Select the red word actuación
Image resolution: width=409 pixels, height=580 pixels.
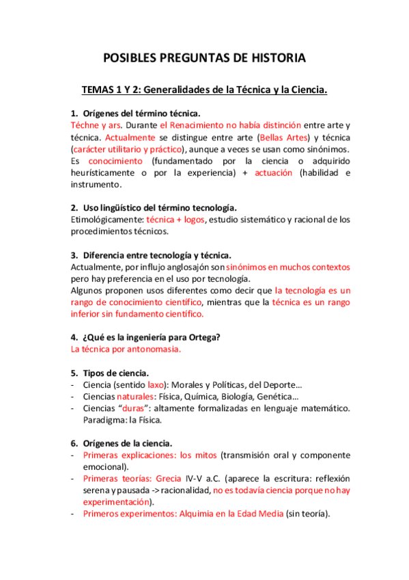(273, 173)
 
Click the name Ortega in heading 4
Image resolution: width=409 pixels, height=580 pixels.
(202, 337)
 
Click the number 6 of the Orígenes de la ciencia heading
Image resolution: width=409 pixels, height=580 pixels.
(74, 443)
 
